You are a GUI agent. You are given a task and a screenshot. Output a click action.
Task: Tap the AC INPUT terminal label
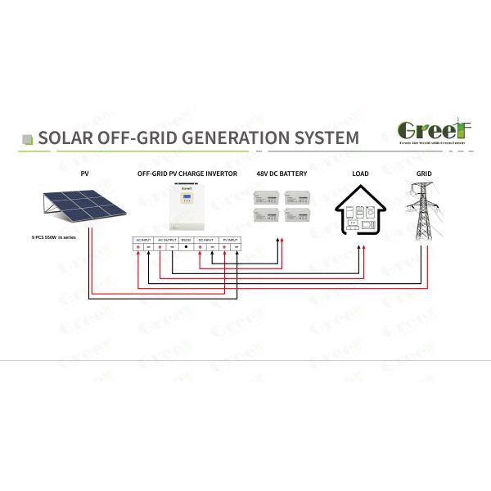[x=143, y=240]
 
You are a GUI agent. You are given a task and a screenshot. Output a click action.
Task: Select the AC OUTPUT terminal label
[x=167, y=240]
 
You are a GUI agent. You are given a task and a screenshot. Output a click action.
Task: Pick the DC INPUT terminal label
[x=206, y=240]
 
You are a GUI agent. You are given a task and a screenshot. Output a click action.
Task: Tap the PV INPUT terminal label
[x=229, y=240]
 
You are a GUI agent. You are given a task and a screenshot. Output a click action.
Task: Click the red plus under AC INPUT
[x=138, y=247]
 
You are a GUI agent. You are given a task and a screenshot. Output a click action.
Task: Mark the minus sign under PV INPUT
[x=236, y=247]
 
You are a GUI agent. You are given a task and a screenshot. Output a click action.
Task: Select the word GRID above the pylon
[x=424, y=174]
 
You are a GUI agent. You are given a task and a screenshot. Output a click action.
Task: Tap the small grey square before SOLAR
[x=27, y=137]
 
